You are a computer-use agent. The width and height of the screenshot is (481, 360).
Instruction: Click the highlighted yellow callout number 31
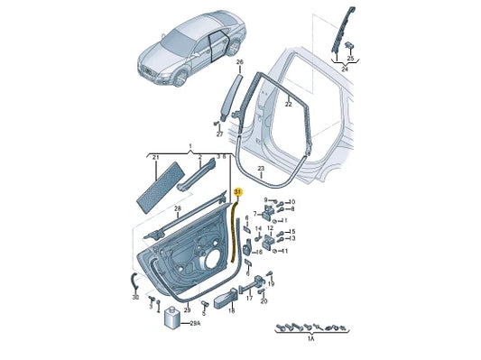pos(237,192)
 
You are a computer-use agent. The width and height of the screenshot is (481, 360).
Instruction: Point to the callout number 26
pos(240,62)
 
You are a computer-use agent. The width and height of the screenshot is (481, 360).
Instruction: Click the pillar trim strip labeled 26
pos(232,91)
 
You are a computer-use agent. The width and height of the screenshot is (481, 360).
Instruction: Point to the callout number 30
pos(135,296)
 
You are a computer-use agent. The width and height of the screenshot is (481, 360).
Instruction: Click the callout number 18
pos(232,310)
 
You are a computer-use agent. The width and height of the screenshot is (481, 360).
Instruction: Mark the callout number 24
pos(344,67)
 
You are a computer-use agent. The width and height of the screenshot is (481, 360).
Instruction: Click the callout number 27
pos(219,134)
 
